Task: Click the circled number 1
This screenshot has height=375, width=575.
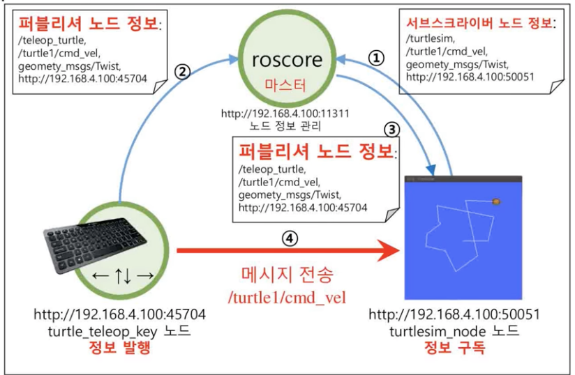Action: [376, 59]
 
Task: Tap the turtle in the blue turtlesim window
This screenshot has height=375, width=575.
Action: [496, 201]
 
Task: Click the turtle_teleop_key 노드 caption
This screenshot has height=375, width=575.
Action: [119, 330]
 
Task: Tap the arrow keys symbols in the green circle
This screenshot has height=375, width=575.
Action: [122, 275]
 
